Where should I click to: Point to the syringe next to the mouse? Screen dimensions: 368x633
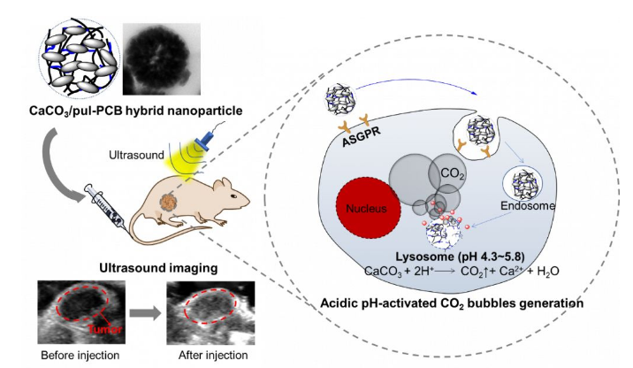(x=110, y=201)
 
